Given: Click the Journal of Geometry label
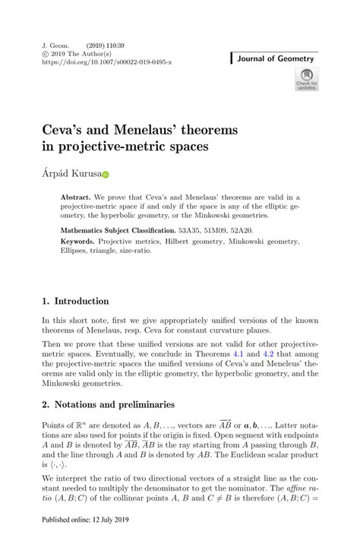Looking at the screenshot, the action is coord(276,58).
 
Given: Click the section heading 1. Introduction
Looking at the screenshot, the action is coord(76,301).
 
